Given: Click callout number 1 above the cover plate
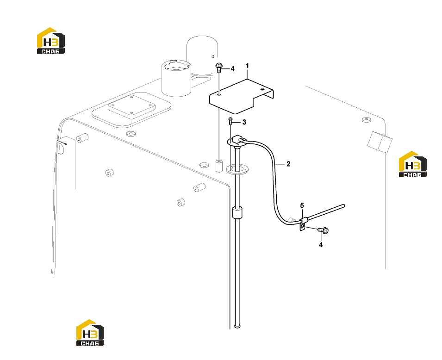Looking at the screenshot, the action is pos(247,66).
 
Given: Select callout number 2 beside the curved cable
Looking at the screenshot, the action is pos(288,164).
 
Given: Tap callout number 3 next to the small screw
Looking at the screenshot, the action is pos(244,122).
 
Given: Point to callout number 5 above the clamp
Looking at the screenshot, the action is pos(302,205).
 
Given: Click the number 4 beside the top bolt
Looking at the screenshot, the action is pos(232,69).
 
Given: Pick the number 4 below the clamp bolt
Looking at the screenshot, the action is pos(321,245).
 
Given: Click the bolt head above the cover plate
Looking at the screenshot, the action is pos(219,66).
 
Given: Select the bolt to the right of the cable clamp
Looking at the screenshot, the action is pos(324,230).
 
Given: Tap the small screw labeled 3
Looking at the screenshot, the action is pos(230,121).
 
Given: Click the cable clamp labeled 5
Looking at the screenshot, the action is pos(302,223).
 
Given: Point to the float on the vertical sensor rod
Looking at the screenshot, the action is pos(237,212).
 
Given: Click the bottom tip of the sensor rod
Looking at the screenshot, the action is pos(237,327).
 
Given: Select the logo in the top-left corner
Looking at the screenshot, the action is pos(51,41).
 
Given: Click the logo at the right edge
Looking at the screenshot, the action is pos(413,164).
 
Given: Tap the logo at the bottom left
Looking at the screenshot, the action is pos(90,332).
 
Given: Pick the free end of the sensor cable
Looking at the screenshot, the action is pos(343,206).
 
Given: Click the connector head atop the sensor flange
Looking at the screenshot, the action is pos(237,139).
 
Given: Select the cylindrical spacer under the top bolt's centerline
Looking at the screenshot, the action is pos(219,166).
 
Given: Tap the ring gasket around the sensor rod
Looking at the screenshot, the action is pos(237,169).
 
